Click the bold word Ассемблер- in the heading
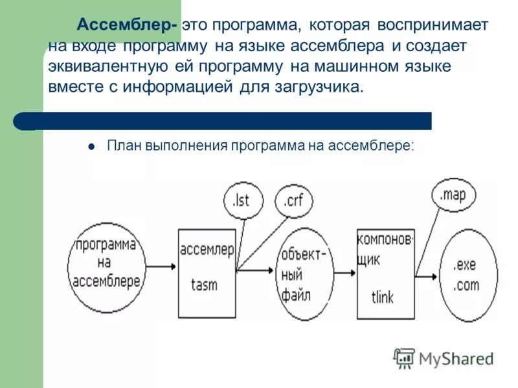128,25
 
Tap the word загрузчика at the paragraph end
326,87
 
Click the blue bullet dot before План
92,146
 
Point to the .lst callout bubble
240,200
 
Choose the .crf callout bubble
293,201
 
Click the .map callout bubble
453,195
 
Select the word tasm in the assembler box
204,285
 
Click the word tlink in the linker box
383,297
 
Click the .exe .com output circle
467,275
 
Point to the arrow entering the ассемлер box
162,266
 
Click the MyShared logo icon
405,358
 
